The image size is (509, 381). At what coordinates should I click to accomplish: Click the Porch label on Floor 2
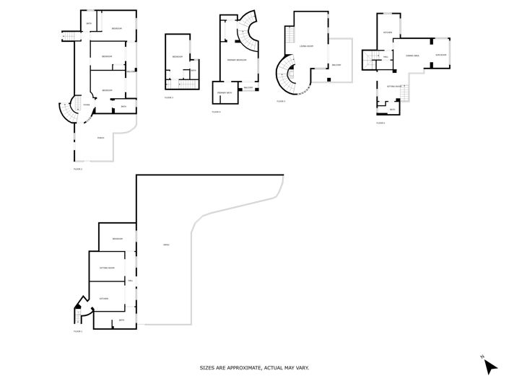pos(100,138)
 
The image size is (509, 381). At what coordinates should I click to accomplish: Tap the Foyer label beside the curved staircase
pos(86,105)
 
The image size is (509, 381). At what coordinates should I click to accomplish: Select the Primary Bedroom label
pos(238,60)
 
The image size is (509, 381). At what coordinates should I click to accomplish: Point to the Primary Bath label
pos(225,93)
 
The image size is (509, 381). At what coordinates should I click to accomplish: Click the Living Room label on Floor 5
pos(306,46)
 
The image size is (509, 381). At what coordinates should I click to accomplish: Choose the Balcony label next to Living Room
pos(336,65)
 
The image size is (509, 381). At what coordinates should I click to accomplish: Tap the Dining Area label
pos(413,56)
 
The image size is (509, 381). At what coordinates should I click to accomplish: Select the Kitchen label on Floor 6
pos(388,32)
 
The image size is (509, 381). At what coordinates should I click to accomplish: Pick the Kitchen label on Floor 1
pos(104,298)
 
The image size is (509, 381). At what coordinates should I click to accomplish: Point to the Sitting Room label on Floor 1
pos(107,268)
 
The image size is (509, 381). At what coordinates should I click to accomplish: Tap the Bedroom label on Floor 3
pos(176,57)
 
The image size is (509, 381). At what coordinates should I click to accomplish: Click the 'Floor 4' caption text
pos(217,112)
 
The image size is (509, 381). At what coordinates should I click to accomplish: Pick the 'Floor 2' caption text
pos(78,169)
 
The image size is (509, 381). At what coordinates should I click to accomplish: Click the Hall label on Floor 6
pos(386,56)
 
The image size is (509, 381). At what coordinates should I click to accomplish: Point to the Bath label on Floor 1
pos(121,320)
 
